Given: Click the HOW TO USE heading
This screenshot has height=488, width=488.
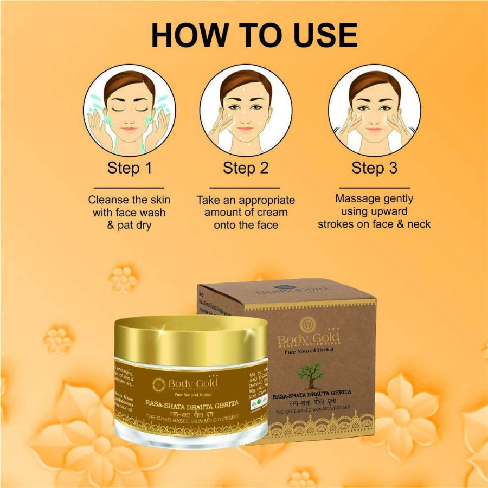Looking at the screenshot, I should pyautogui.click(x=254, y=35).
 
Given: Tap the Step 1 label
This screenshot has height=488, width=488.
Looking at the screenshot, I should pyautogui.click(x=129, y=168).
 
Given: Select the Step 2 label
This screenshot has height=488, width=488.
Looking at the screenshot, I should pyautogui.click(x=246, y=168).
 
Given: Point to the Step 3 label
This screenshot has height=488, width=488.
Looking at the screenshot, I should pyautogui.click(x=374, y=168).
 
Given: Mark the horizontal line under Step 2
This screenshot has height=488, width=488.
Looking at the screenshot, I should pyautogui.click(x=246, y=188).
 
